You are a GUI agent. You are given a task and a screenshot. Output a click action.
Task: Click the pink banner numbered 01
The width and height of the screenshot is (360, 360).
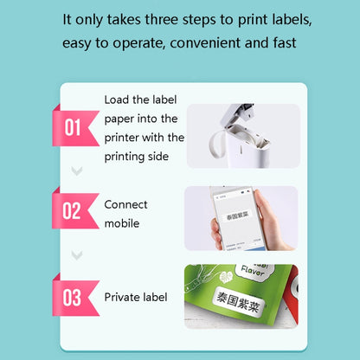coord(74,128)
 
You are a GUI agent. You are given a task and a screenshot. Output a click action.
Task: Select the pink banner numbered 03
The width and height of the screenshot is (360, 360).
coord(74,297)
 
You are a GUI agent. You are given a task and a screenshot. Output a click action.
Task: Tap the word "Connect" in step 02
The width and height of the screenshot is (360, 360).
coord(126,204)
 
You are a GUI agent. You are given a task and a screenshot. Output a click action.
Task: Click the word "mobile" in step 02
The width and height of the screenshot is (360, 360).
coord(123,222)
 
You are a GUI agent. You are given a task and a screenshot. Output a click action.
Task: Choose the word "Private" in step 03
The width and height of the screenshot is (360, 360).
coord(125,297)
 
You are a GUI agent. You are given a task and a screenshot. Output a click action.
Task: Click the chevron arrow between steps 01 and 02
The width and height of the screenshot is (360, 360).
coord(76,170)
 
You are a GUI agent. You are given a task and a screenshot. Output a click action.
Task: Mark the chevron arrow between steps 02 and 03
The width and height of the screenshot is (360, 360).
coord(76,254)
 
